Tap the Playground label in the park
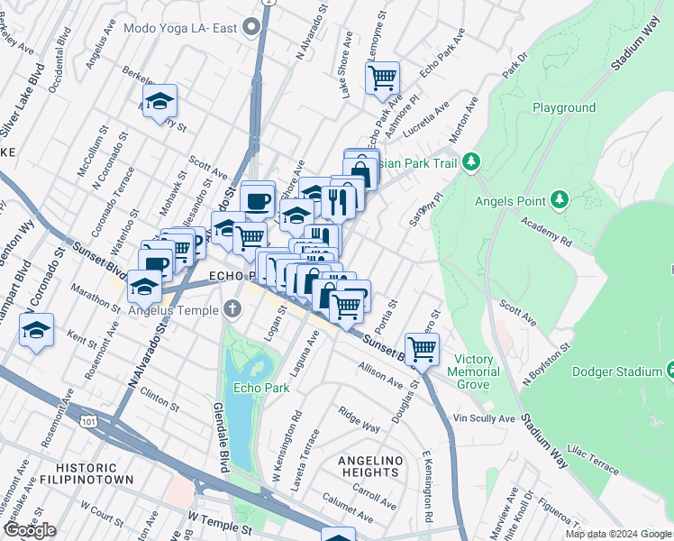click(563, 107)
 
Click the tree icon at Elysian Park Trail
click(469, 163)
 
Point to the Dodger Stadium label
click(631, 371)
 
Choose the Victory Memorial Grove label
click(476, 371)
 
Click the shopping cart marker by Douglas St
click(421, 348)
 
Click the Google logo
click(30, 530)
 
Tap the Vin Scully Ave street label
click(483, 419)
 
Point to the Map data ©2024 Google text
click(617, 534)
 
